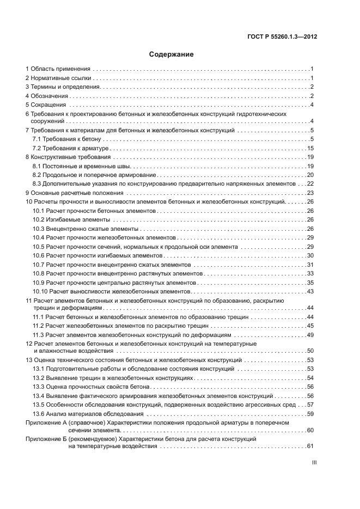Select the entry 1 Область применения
58,69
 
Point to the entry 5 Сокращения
45,105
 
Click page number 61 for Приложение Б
310,446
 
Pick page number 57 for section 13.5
310,405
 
